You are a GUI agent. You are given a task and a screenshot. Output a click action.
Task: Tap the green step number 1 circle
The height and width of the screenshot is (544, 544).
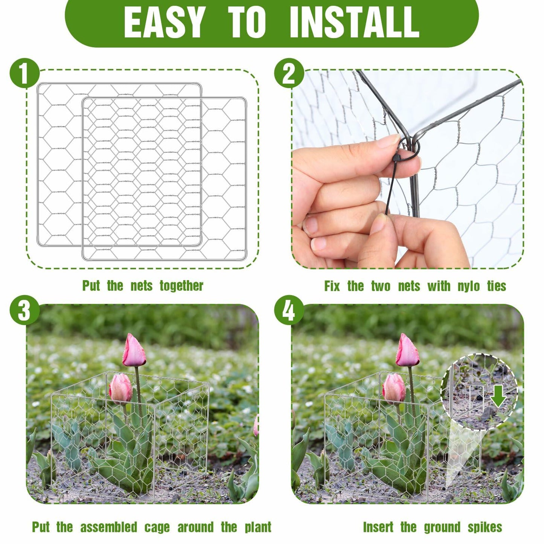[24, 73]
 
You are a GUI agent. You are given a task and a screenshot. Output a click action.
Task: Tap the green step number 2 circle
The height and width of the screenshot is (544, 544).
[289, 73]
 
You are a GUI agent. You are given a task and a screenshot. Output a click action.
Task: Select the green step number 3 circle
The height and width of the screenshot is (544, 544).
[24, 311]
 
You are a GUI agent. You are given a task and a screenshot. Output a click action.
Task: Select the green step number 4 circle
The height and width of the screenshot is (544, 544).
[289, 311]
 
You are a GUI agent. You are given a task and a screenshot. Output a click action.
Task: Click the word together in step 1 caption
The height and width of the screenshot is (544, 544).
[181, 286]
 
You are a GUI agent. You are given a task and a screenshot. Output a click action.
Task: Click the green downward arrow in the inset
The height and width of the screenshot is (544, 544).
[498, 397]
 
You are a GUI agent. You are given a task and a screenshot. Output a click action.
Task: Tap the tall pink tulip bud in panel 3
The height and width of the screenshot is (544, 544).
[134, 350]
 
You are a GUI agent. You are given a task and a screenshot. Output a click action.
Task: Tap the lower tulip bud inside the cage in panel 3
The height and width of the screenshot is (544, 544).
[120, 388]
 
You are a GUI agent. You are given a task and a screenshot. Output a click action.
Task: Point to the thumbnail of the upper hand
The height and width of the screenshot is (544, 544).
[391, 141]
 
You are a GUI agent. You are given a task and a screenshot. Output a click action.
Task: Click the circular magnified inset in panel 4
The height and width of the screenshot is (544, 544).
[479, 392]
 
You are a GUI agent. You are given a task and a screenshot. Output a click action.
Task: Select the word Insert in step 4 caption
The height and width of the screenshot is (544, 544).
[378, 527]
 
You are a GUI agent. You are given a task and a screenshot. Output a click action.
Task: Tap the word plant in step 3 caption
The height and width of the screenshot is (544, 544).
[258, 527]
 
